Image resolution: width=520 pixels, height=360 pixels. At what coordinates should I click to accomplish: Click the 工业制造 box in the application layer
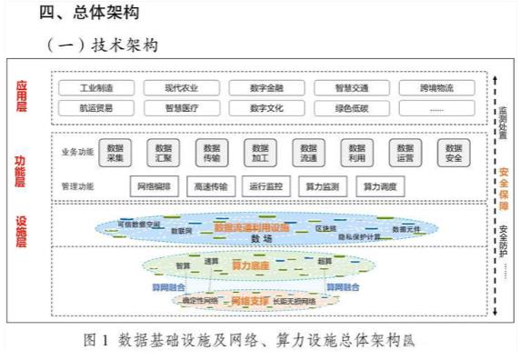95,88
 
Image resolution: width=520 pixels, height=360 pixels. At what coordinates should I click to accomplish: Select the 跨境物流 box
437,88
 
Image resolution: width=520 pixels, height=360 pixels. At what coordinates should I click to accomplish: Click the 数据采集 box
115,152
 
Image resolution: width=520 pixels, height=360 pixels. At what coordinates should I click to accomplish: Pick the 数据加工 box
260,152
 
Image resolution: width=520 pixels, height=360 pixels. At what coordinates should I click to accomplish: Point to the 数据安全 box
454,152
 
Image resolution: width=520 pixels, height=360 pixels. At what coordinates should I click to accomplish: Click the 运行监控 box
268,186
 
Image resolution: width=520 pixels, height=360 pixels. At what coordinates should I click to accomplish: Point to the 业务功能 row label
76,150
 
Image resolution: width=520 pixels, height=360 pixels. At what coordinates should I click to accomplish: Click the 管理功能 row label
76,186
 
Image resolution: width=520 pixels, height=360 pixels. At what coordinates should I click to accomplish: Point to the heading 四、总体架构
88,13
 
